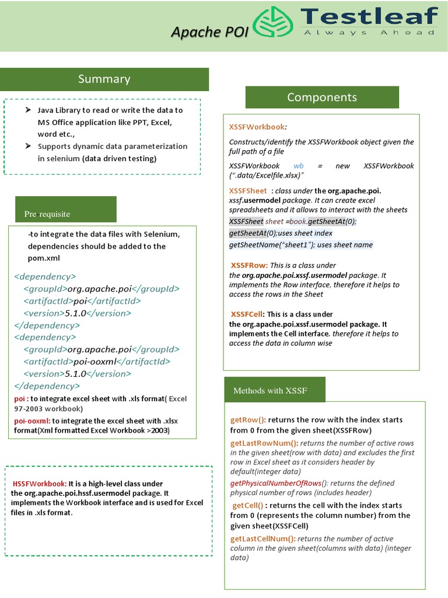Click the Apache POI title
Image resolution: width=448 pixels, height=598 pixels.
[209, 32]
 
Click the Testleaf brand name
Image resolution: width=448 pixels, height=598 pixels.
[369, 16]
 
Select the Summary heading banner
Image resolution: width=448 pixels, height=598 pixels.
[104, 79]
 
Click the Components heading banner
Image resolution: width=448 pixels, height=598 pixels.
[322, 98]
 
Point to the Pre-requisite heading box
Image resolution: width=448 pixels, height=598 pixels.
[66, 214]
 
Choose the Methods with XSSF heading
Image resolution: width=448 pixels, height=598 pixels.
[274, 390]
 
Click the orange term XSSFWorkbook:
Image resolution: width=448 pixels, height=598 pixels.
[257, 126]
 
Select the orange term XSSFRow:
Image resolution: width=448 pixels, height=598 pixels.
[249, 265]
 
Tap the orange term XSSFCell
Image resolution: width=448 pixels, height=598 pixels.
[248, 314]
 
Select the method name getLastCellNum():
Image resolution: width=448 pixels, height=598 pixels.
[262, 538]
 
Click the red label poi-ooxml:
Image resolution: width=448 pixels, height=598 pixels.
[32, 420]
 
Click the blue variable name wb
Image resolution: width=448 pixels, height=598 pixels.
[298, 166]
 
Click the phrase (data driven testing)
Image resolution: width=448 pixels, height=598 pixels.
[119, 158]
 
